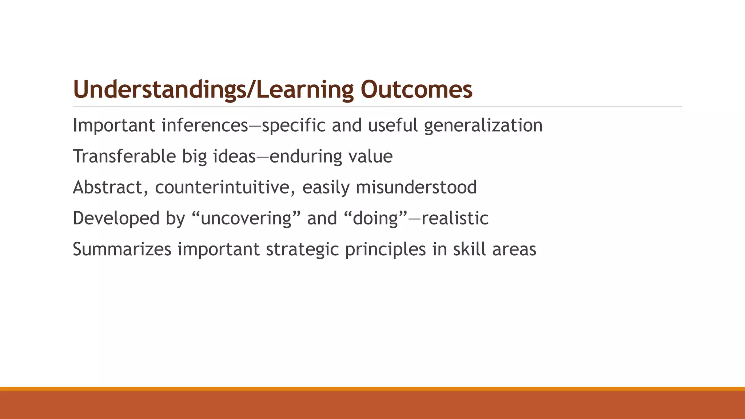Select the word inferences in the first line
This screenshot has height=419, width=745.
pyautogui.click(x=205, y=125)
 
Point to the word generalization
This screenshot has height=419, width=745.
pyautogui.click(x=483, y=126)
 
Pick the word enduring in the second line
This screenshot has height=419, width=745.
pyautogui.click(x=305, y=157)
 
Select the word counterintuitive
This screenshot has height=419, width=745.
pyautogui.click(x=224, y=188)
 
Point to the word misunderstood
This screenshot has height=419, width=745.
pyautogui.click(x=416, y=188)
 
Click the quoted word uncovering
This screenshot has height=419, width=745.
pyautogui.click(x=246, y=219)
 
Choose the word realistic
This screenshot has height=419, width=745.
pyautogui.click(x=455, y=219)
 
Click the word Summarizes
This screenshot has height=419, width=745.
pyautogui.click(x=122, y=250)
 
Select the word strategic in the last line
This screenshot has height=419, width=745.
pyautogui.click(x=302, y=250)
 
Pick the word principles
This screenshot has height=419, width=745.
pyautogui.click(x=385, y=250)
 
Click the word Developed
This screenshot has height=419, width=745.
pyautogui.click(x=116, y=219)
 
